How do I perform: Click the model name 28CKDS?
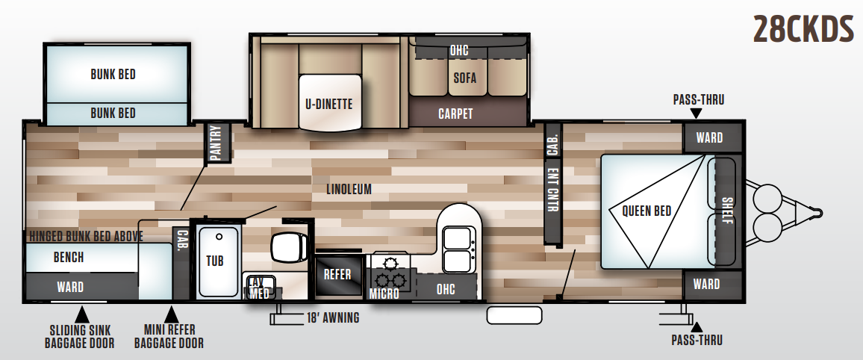coord(802,31)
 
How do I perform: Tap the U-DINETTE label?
coord(328,104)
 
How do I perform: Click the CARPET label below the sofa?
coord(455,114)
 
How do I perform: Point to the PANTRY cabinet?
coord(216,143)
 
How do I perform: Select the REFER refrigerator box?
coord(337,274)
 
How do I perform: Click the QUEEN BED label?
coord(647,211)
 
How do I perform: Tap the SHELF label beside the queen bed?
coord(727,211)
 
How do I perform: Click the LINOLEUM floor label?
coord(349,189)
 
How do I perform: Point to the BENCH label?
coord(69,258)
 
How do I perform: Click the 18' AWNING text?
coord(332,318)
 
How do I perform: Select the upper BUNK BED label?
coord(113,74)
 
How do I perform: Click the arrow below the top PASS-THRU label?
coord(697,114)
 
